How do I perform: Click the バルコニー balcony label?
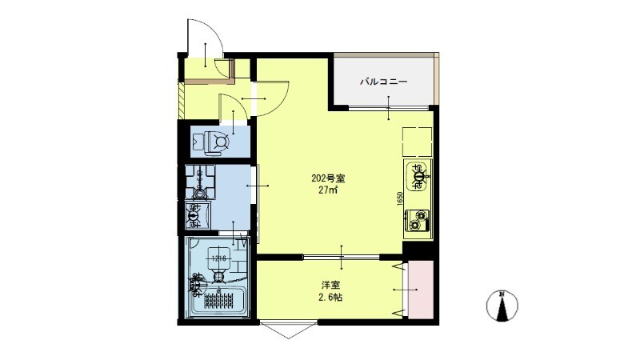[384, 82]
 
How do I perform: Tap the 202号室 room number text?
[327, 178]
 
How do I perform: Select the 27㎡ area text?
[327, 190]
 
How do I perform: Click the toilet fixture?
[214, 141]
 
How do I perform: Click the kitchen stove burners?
[418, 218]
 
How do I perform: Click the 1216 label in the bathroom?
[220, 258]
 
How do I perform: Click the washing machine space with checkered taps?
[197, 182]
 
